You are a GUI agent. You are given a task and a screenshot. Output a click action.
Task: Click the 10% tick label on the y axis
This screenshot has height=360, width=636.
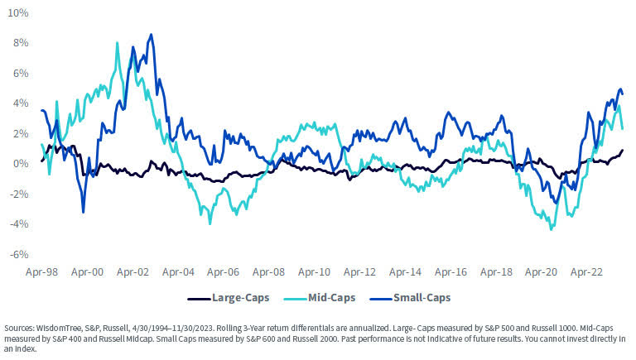(x=18, y=14)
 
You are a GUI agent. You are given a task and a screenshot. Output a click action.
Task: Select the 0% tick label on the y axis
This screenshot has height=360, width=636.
(x=21, y=164)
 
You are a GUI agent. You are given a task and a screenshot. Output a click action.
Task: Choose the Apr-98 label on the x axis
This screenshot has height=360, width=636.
(x=41, y=271)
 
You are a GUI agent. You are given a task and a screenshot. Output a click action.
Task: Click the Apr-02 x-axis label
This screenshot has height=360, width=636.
(x=132, y=271)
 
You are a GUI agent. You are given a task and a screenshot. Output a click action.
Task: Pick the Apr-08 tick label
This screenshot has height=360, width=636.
(x=268, y=271)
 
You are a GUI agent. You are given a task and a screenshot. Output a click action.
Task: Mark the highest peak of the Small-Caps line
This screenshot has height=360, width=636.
(x=151, y=35)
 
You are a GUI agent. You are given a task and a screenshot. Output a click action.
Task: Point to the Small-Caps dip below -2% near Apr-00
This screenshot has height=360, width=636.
(x=83, y=213)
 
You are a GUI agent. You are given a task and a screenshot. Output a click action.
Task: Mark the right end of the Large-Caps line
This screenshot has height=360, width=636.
(x=623, y=150)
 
